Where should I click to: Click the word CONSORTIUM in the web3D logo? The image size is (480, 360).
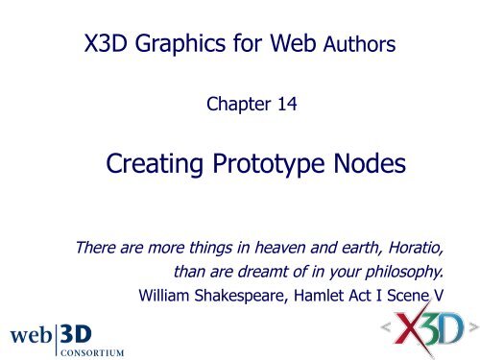(x=94, y=349)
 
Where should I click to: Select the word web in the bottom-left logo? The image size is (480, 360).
(x=34, y=333)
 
